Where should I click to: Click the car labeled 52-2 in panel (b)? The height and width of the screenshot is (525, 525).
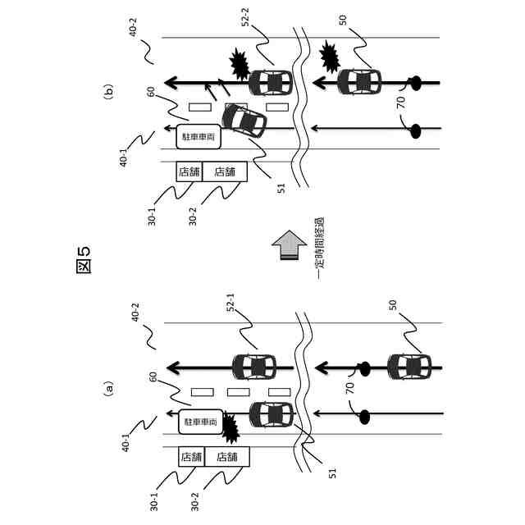point(270,83)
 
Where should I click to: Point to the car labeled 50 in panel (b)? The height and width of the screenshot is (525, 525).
point(358,82)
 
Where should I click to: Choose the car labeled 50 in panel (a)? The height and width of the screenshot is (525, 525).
point(409,364)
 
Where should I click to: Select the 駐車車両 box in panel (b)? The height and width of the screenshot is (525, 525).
point(199,136)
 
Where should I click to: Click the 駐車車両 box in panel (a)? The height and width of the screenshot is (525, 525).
point(201,422)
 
